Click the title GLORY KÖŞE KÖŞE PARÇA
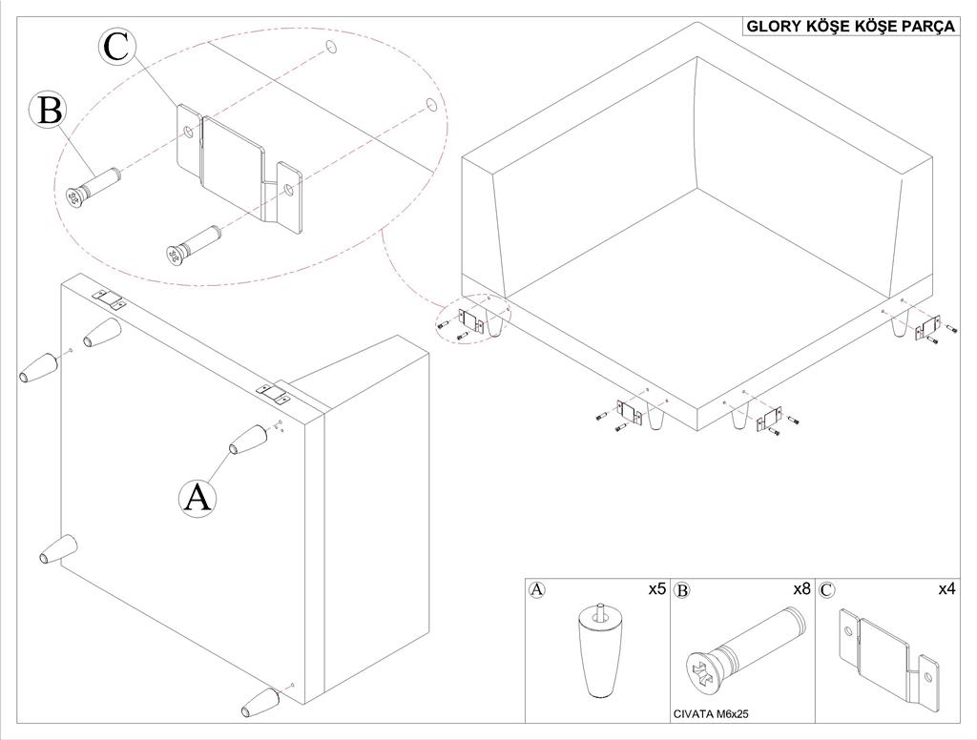click(x=850, y=26)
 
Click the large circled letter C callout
click(x=116, y=48)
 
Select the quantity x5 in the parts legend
click(x=656, y=588)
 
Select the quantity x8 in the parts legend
click(x=800, y=588)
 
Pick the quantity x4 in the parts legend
click(x=946, y=588)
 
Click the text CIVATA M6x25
click(x=711, y=714)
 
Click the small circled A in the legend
click(x=536, y=589)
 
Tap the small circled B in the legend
click(x=682, y=590)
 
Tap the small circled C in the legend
click(x=827, y=590)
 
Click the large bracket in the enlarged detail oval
click(x=240, y=168)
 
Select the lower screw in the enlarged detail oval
click(x=194, y=244)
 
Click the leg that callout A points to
click(x=249, y=440)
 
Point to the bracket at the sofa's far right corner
click(x=927, y=327)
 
